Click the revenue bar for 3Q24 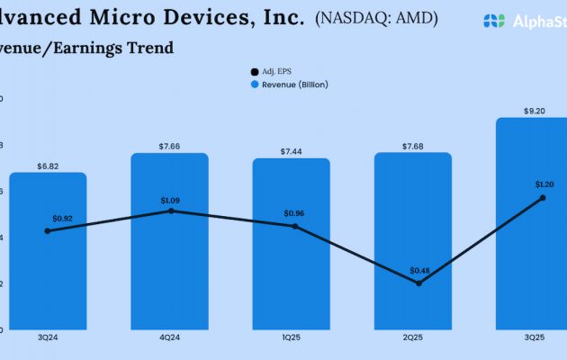48,270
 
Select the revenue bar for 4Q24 169,270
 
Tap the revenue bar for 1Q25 291,270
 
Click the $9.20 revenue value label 535,111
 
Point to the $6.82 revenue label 48,166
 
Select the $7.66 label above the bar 169,146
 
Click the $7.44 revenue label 291,151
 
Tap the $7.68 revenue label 413,146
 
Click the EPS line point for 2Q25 418,283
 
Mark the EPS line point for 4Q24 171,211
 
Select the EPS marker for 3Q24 48,230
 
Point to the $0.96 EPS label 295,212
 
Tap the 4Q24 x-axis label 169,337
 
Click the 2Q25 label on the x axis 413,337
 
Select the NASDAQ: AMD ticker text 376,18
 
